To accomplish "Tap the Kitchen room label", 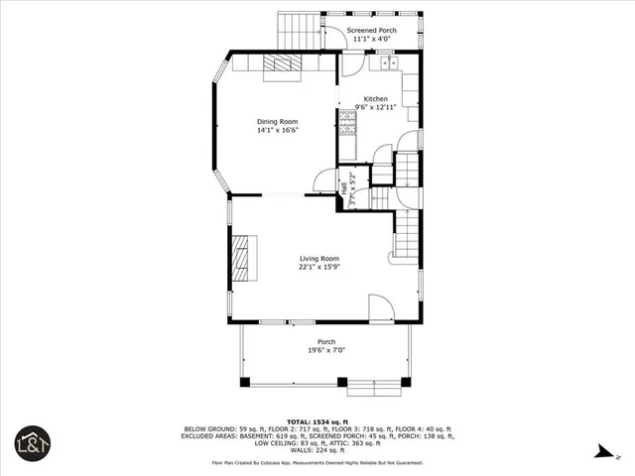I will [x=375, y=98].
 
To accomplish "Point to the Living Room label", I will [x=319, y=258].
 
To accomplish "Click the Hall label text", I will [x=344, y=185].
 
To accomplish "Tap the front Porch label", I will [x=326, y=342].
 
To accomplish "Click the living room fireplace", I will [x=243, y=258].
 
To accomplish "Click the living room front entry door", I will [x=381, y=308].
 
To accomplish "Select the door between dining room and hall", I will [x=323, y=180].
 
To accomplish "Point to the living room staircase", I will [x=406, y=238].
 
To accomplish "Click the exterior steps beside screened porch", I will [x=299, y=30].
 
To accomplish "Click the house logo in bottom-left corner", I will [x=30, y=444].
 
